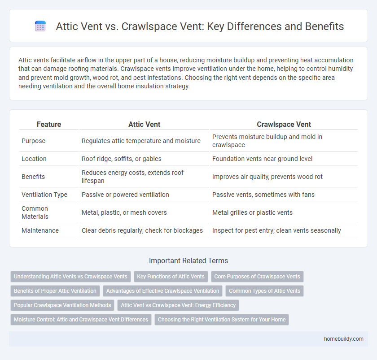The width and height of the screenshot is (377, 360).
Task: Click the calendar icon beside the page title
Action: [x=40, y=26]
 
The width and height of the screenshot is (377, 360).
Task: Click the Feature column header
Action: [x=49, y=124]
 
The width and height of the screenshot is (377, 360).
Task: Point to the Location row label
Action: [x=35, y=159]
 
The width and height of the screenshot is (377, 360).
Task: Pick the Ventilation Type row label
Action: [x=44, y=195]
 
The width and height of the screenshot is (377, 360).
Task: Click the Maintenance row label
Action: [x=40, y=230]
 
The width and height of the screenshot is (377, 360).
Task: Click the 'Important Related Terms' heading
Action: [x=188, y=261]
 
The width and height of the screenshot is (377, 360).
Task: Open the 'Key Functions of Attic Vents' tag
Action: [x=171, y=276]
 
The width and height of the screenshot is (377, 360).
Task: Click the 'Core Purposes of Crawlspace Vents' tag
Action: [x=257, y=276]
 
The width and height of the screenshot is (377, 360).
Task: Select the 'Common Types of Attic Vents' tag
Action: [x=264, y=291]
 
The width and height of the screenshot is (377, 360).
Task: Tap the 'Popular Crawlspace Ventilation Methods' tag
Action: [x=62, y=305]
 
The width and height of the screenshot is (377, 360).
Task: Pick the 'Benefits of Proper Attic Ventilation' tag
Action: [x=55, y=291]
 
